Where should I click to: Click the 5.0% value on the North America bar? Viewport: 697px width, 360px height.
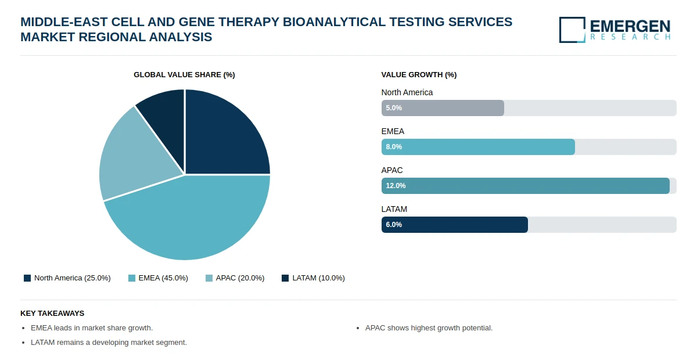point(394,108)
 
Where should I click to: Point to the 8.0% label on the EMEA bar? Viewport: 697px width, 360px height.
point(394,147)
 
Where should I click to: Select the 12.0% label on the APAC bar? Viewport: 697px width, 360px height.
point(396,186)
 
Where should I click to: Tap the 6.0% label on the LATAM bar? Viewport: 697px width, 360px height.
point(394,225)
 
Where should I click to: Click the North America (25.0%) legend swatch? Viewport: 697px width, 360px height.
point(27,278)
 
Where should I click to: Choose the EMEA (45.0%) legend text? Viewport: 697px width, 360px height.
point(163,278)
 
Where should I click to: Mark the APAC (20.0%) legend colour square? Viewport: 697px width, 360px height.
point(209,278)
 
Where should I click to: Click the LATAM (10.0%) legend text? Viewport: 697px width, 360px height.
point(318,278)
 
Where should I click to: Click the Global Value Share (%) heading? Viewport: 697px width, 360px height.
point(184,75)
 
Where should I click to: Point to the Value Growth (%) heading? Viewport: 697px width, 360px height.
point(419,75)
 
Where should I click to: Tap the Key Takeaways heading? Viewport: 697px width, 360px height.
point(52,314)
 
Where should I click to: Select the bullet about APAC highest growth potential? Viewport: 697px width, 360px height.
point(429,328)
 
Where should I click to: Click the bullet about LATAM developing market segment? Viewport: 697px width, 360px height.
point(109,342)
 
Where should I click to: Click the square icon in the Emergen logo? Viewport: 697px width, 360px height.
point(572,30)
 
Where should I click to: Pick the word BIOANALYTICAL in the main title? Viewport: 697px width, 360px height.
point(334,22)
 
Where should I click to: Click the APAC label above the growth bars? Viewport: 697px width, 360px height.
point(391,170)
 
